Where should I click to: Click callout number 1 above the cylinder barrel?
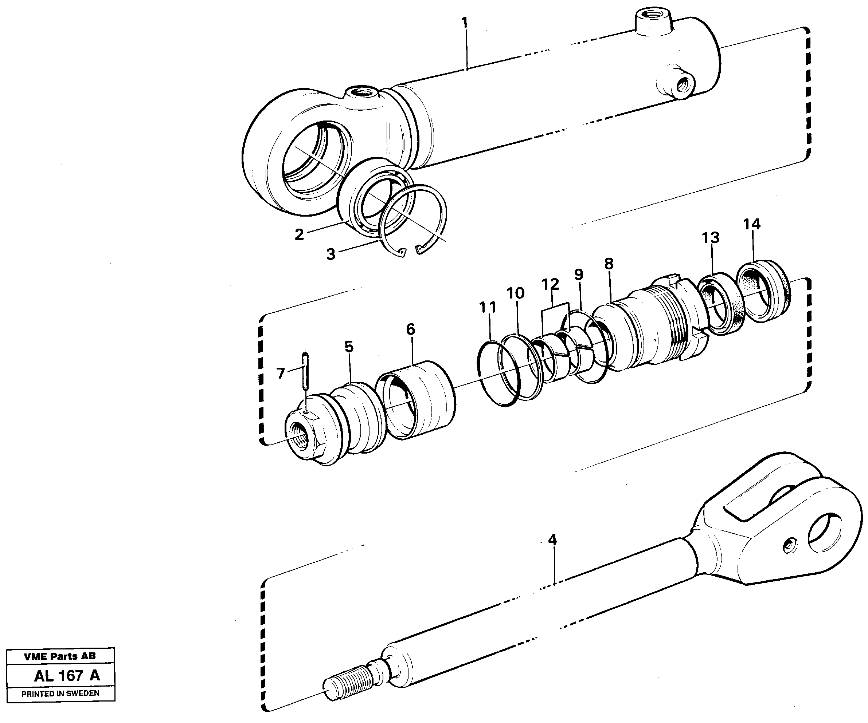coord(465,23)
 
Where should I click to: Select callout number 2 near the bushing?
coord(299,234)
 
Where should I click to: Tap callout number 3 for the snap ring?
coord(331,254)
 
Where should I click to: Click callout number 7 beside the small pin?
coord(281,374)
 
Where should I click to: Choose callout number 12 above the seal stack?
coord(550,284)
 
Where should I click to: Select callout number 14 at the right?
coord(751,224)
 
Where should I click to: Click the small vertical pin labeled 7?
coord(305,370)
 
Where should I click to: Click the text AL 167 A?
coord(67,676)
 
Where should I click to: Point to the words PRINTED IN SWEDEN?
coord(60,693)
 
